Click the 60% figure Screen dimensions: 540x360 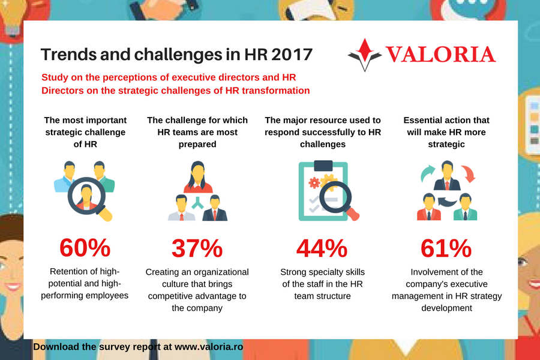tap(85, 248)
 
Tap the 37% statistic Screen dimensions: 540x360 tap(197, 248)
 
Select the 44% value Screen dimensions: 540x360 tap(322, 248)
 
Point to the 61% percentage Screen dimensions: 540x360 tap(446, 248)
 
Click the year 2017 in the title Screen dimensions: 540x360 tap(292, 55)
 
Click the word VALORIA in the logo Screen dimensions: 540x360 tap(440, 55)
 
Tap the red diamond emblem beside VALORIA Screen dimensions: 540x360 tap(365, 50)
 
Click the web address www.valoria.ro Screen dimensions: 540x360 tap(209, 347)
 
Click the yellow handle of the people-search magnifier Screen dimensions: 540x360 tap(105, 214)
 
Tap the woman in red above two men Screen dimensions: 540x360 tap(198, 177)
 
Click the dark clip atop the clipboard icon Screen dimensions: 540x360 tap(323, 166)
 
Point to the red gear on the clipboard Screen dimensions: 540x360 tap(314, 182)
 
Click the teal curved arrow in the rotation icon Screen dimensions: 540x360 tap(427, 172)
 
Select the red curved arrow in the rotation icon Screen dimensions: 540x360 tap(469, 173)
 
